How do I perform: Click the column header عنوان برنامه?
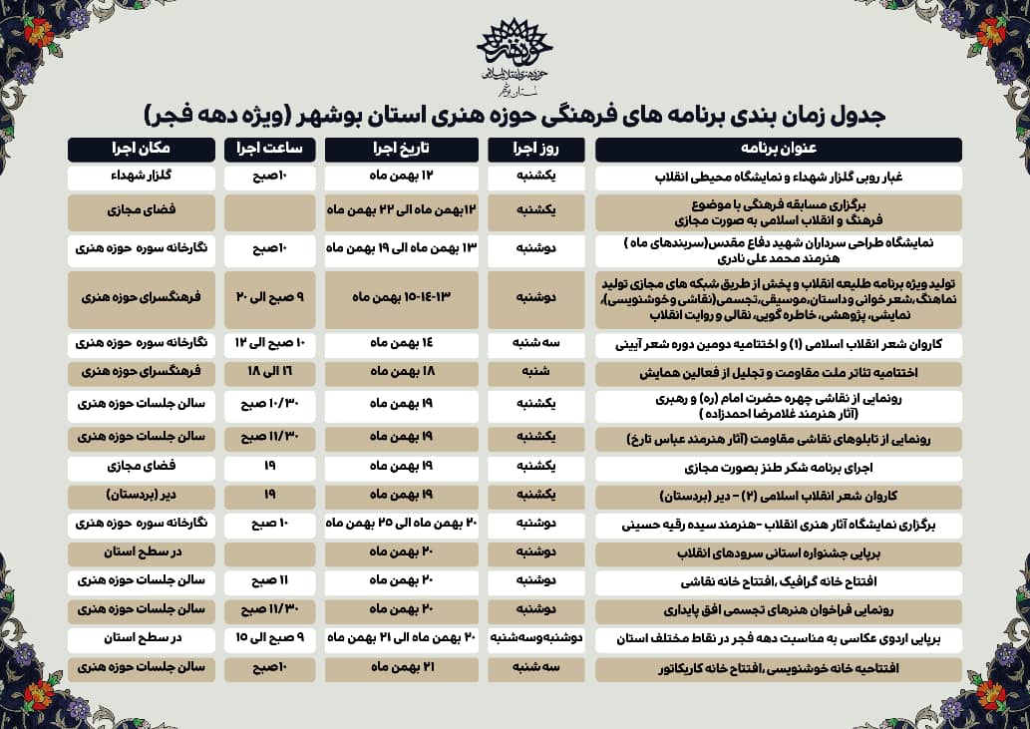[x=778, y=149]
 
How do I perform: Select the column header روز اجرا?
[x=538, y=149]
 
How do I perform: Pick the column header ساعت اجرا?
[x=270, y=149]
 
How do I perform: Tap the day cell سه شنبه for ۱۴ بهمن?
[x=538, y=344]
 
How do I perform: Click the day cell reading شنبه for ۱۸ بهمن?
[x=538, y=373]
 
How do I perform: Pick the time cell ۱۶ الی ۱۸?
[x=270, y=373]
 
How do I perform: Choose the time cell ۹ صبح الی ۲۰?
[x=270, y=298]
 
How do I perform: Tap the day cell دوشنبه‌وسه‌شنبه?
[x=538, y=638]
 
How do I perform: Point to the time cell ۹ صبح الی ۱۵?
[x=270, y=638]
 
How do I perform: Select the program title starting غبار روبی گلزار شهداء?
[x=778, y=178]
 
